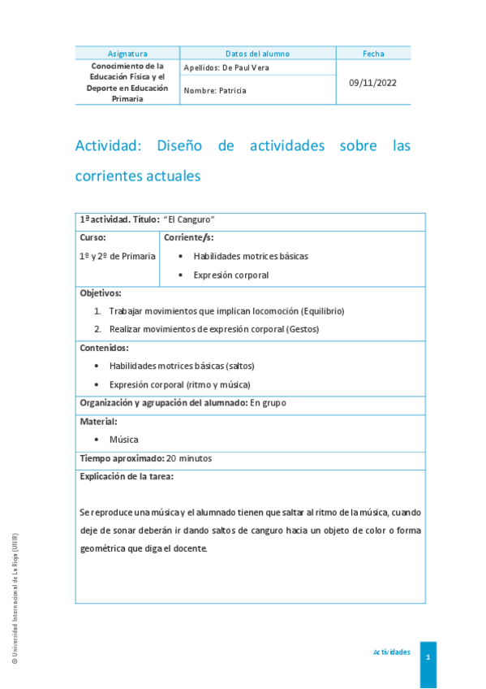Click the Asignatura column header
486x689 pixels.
pyautogui.click(x=127, y=54)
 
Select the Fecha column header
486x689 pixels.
pyautogui.click(x=373, y=54)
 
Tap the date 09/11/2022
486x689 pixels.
pyautogui.click(x=373, y=82)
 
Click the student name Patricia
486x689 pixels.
pyautogui.click(x=232, y=91)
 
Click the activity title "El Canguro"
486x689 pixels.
pyautogui.click(x=189, y=220)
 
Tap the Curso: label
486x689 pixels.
pyautogui.click(x=92, y=237)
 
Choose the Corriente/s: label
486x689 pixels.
pyautogui.click(x=189, y=237)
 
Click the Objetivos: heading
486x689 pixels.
pyautogui.click(x=101, y=292)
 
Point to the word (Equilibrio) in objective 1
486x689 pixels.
pyautogui.click(x=323, y=311)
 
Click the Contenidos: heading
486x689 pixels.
pyautogui.click(x=104, y=348)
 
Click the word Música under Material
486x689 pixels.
pyautogui.click(x=124, y=440)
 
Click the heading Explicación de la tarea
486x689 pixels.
pyautogui.click(x=127, y=477)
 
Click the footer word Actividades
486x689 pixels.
pyautogui.click(x=392, y=652)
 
